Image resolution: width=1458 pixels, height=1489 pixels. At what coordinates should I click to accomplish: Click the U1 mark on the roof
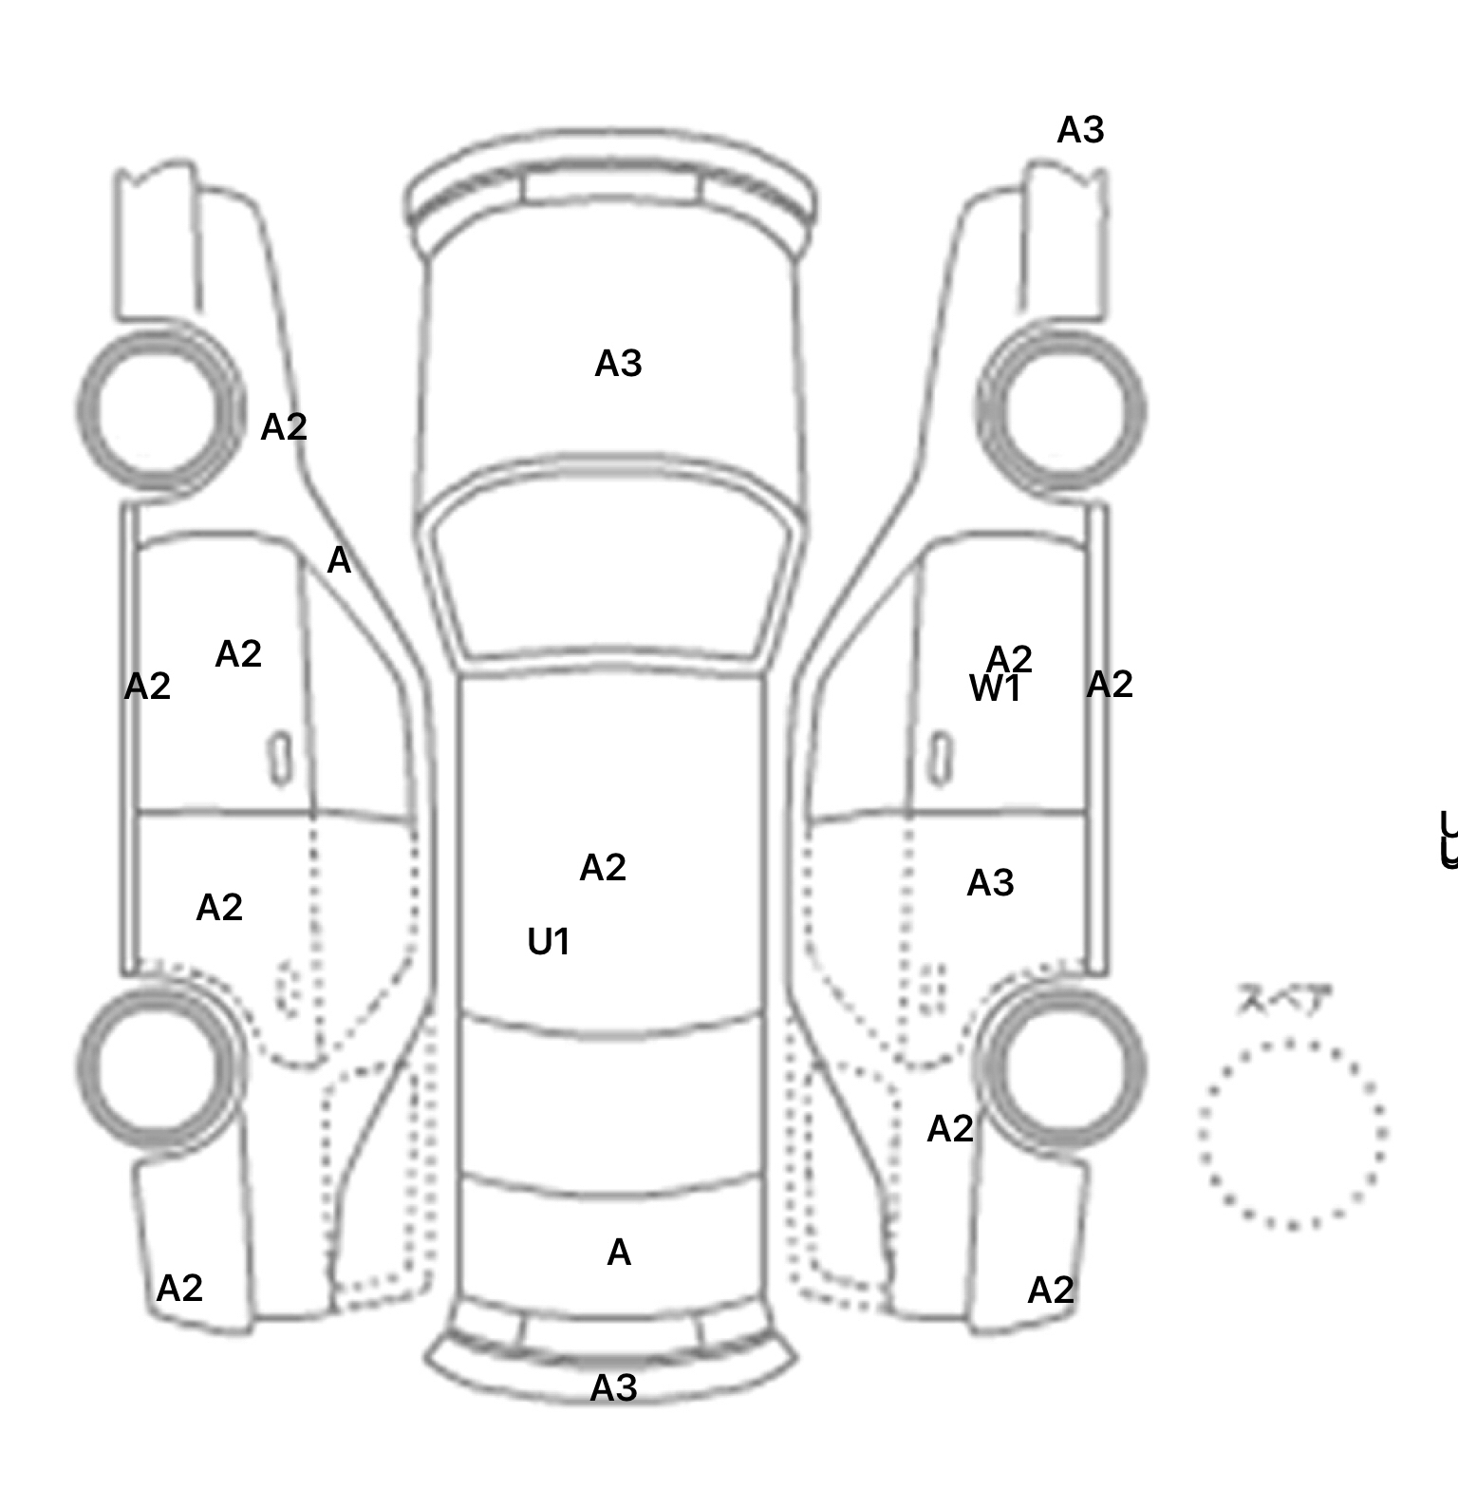549,942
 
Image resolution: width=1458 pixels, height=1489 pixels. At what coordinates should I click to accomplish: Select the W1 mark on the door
994,688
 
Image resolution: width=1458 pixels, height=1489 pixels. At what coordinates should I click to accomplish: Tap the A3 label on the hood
618,364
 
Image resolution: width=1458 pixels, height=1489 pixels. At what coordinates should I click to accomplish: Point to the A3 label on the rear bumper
613,1388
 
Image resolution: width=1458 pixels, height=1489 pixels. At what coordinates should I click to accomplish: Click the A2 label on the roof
603,868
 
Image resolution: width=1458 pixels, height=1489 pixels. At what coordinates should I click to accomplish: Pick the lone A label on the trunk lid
619,1253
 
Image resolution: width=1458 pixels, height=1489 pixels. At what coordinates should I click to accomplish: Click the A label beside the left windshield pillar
339,561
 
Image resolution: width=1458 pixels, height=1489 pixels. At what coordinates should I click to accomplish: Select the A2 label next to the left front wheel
284,427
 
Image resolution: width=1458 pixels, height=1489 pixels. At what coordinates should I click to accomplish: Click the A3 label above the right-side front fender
1080,130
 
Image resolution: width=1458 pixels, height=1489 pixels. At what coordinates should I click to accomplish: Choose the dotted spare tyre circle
1292,1134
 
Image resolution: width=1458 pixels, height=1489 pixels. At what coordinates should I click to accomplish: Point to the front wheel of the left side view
159,410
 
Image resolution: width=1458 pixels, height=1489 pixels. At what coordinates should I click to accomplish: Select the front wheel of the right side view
1061,410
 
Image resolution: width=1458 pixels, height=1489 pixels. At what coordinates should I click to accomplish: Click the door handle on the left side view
281,759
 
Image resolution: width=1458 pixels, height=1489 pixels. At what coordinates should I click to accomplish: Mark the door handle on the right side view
940,759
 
